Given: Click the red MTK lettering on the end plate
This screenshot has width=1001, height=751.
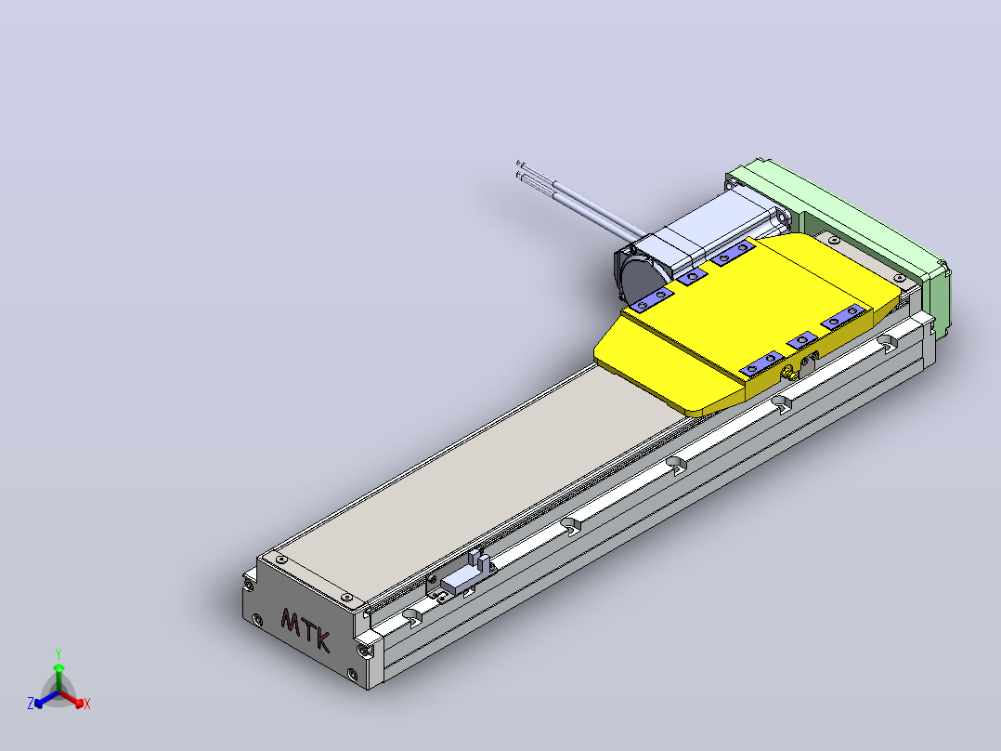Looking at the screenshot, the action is click(x=305, y=629).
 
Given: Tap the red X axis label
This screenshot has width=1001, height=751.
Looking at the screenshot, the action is click(x=87, y=704).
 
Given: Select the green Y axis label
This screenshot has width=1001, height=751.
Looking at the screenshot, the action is click(x=58, y=653).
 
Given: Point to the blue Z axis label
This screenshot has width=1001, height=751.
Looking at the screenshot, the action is click(x=31, y=703).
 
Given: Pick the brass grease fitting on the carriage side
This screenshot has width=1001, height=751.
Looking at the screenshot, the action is click(x=790, y=372).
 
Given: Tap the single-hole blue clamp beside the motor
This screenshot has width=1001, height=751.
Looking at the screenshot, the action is click(x=692, y=277).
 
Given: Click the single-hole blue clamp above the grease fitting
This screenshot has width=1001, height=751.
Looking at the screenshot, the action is click(x=802, y=340).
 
